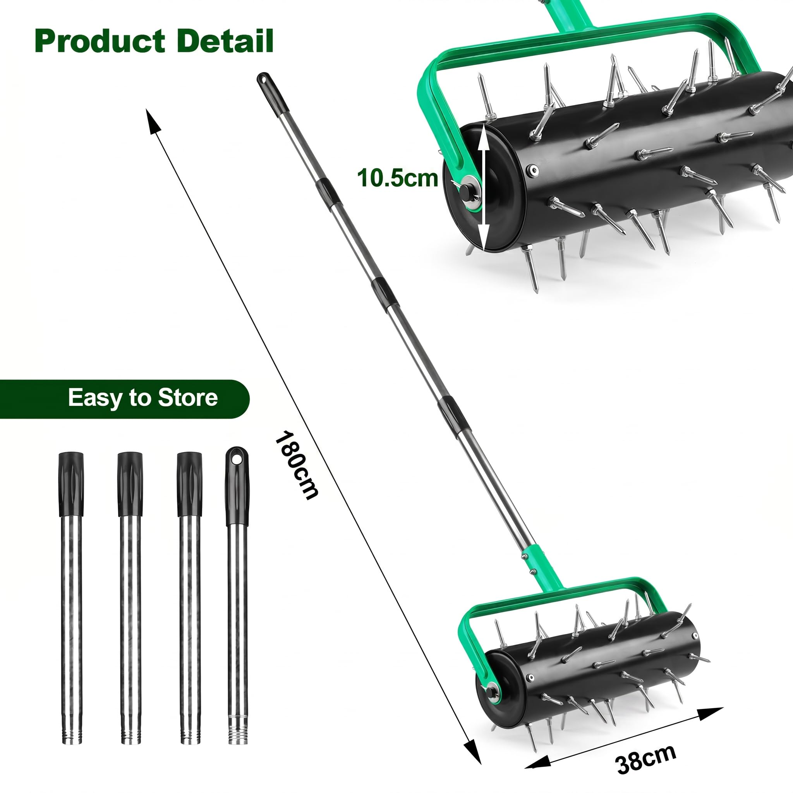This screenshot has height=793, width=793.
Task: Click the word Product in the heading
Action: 100,41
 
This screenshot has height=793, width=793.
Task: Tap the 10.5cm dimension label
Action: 397,178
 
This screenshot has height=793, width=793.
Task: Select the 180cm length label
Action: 296,465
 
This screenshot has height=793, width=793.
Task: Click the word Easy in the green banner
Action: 96,398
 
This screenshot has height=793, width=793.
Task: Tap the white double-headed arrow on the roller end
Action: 484,187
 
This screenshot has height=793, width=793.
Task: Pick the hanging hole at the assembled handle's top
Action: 262,77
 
